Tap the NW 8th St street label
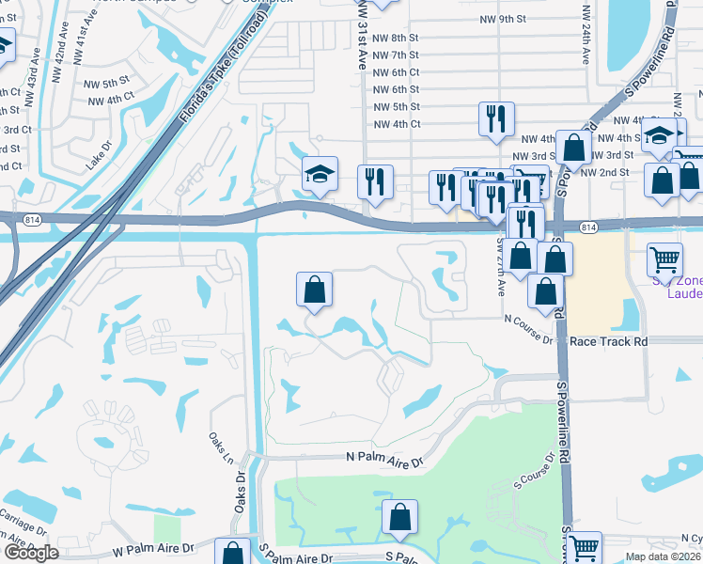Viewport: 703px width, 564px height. tap(396, 38)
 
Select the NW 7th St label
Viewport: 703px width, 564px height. tap(396, 55)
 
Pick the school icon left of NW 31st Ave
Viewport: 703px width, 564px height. tap(320, 173)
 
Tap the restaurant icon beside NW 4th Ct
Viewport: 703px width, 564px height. tap(495, 118)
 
